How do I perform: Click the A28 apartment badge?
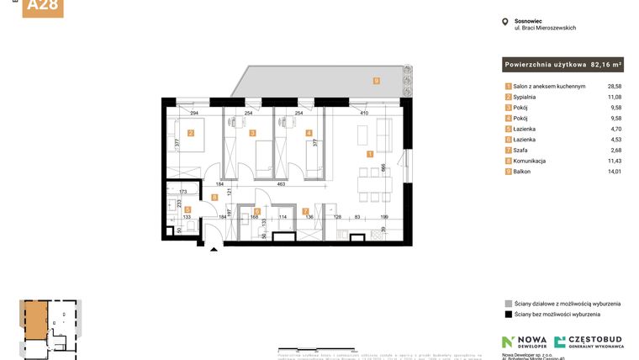(43, 7)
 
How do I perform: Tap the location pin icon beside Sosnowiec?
(504, 23)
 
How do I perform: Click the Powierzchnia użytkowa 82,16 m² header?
(562, 64)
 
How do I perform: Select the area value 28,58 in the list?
(615, 87)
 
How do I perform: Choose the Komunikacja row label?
(531, 161)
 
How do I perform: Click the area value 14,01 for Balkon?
(615, 172)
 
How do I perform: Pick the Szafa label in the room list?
(523, 151)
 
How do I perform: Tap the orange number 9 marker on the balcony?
(376, 82)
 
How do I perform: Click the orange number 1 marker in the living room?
(370, 154)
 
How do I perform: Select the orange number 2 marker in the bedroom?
(191, 133)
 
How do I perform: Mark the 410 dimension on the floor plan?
(364, 112)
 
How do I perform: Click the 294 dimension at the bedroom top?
(193, 112)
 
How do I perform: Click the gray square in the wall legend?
(508, 303)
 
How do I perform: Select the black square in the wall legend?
(508, 315)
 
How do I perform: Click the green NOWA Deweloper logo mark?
(507, 341)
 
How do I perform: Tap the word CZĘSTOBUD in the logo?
(596, 339)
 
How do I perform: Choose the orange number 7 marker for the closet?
(305, 211)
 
